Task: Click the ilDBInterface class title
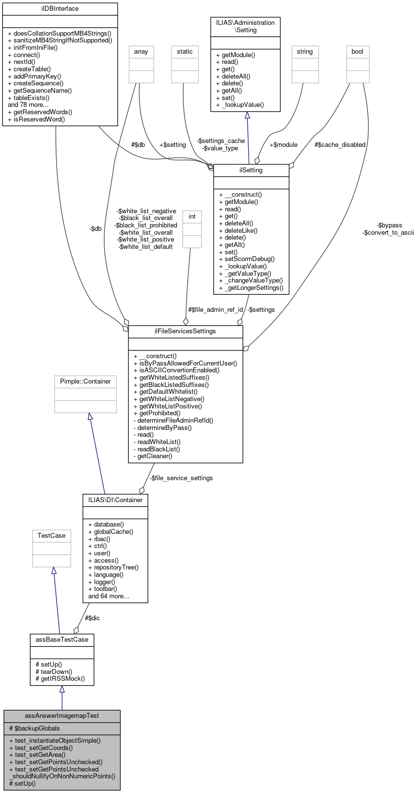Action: point(60,9)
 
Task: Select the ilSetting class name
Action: point(251,170)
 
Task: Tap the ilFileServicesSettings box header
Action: point(185,331)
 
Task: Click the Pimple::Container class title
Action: point(85,381)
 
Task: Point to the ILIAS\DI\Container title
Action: point(115,500)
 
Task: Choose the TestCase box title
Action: point(51,535)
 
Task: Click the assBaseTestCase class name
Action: point(61,639)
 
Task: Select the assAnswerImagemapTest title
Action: point(62,716)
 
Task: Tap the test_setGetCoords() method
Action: point(44,748)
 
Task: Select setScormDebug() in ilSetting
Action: point(247,259)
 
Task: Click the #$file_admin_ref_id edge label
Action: point(216,309)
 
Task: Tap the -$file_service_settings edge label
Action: point(181,478)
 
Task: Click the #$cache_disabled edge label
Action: point(339,144)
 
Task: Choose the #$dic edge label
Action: point(92,618)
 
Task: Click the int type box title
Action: point(192,216)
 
